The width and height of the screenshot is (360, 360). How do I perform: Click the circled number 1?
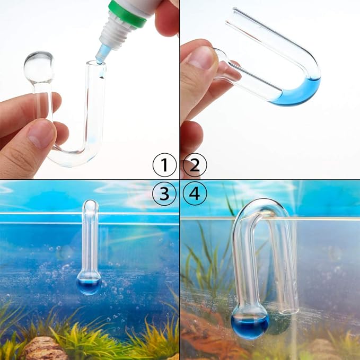164,165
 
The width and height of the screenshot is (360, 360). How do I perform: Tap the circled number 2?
194,165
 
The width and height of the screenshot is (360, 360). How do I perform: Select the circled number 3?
164,195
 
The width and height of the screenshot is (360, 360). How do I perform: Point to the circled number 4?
194,195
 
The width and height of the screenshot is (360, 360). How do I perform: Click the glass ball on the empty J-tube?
39,67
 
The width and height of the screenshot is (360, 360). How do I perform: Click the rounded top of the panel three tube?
91,206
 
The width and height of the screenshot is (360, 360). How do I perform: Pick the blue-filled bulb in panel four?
249,324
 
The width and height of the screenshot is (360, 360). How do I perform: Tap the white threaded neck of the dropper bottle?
116,32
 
